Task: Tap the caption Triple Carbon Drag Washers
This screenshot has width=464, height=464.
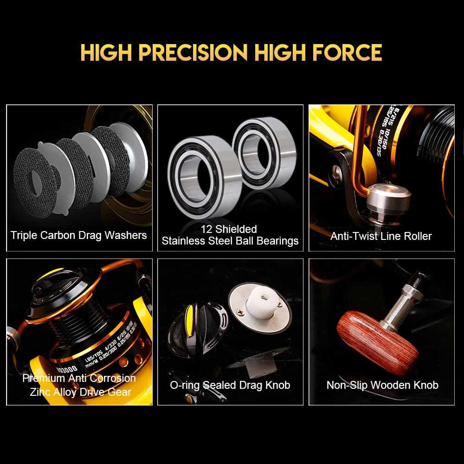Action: [79, 235]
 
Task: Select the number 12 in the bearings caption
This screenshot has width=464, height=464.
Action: [206, 229]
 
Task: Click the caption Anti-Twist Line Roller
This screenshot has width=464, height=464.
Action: [381, 236]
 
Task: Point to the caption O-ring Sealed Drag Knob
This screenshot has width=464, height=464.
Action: [230, 385]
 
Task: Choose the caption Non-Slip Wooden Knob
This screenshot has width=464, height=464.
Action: [382, 385]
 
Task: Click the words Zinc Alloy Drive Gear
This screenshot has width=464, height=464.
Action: [80, 392]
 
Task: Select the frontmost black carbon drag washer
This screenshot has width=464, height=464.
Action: [37, 181]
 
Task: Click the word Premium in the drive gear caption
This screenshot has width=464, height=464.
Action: [43, 378]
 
